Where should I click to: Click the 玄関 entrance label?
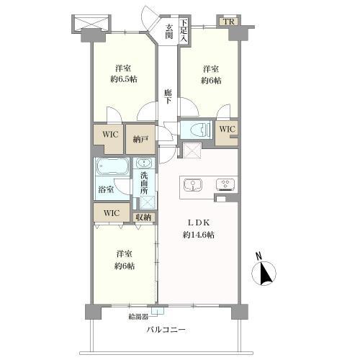(168, 32)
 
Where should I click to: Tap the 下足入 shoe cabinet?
(184, 30)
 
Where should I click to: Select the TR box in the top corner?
(229, 22)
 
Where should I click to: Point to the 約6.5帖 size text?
(124, 79)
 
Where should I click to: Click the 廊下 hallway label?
(168, 96)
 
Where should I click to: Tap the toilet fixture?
(199, 130)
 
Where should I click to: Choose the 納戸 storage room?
(140, 139)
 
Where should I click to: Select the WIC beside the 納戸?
(110, 135)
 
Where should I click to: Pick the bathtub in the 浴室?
(112, 166)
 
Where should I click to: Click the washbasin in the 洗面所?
(144, 163)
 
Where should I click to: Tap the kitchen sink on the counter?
(193, 185)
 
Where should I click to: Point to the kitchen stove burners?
(225, 184)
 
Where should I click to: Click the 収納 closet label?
(143, 217)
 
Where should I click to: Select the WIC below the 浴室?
(112, 213)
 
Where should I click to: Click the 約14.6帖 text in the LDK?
(198, 235)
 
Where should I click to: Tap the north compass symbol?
(264, 273)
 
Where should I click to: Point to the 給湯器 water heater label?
(138, 317)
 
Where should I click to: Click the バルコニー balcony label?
(166, 330)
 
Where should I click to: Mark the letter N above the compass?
(258, 256)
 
